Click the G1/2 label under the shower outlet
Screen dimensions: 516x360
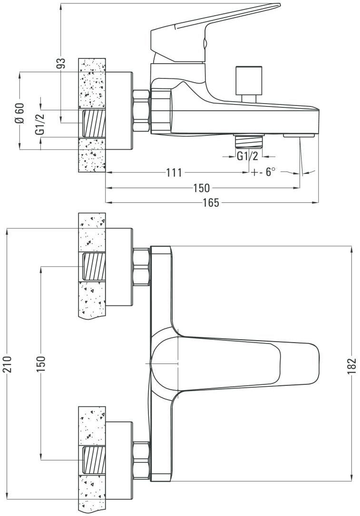click(x=247, y=156)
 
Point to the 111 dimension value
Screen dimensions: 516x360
click(x=174, y=172)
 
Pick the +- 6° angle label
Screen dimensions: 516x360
click(x=264, y=172)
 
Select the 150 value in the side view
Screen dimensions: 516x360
click(x=201, y=188)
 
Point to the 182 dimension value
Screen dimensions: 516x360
click(x=351, y=366)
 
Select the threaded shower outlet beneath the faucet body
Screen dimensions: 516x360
click(x=249, y=142)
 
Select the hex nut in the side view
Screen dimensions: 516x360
click(x=142, y=110)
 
